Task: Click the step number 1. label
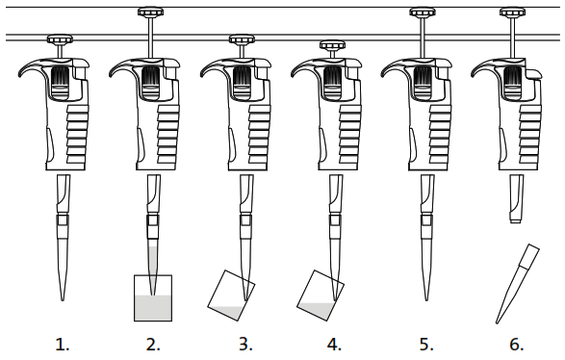coord(63,344)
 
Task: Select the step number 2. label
coord(152,344)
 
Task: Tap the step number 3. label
coord(243,344)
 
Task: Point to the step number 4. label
coord(333,344)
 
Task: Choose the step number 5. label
coord(424,344)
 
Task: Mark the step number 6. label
coord(514,344)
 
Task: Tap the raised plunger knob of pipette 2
coord(151,13)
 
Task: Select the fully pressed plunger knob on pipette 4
coord(332,45)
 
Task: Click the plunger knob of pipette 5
coord(423,13)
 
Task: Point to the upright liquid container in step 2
coord(152,298)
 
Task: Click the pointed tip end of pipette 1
coord(63,294)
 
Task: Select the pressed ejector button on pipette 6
coord(530,73)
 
